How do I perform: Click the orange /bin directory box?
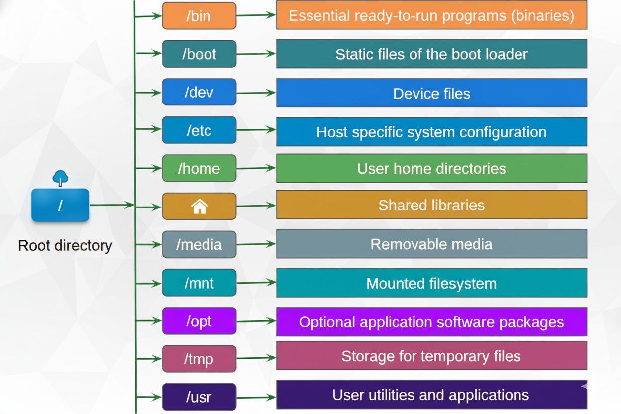coord(199,16)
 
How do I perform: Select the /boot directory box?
coord(199,54)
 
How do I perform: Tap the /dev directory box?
coord(199,92)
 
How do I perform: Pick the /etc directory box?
coord(199,130)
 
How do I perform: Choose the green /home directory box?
coord(199,168)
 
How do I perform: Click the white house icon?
coord(199,206)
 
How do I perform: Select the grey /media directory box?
coord(199,244)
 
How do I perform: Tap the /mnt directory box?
coord(199,283)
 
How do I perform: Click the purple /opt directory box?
coord(199,321)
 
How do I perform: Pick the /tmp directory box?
coord(199,358)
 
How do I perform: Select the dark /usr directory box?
coord(199,397)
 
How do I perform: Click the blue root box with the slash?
coord(60,205)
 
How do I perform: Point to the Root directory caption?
coord(65,245)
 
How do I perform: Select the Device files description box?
coord(431,93)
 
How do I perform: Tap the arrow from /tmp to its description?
coord(256,358)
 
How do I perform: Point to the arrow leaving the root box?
coord(111,205)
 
